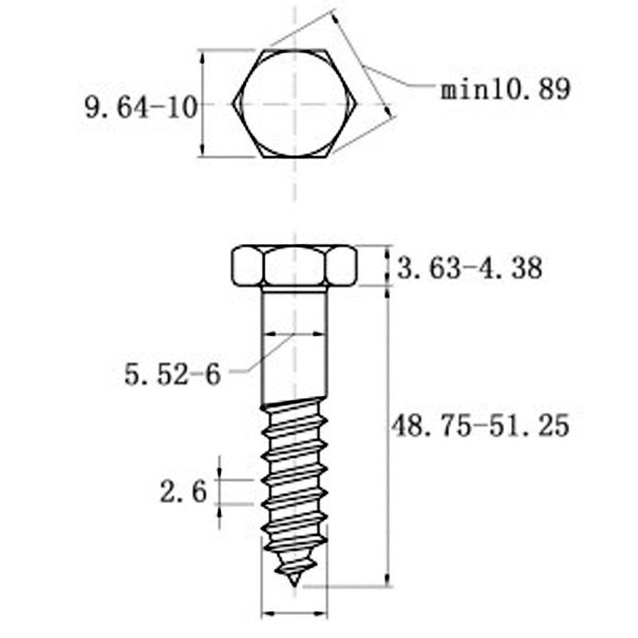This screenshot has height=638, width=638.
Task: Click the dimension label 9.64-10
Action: click(141, 108)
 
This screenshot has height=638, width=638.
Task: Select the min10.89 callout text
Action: click(506, 89)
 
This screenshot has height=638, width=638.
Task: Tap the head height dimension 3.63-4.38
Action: click(470, 268)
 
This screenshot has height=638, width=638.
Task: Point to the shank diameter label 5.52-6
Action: click(172, 374)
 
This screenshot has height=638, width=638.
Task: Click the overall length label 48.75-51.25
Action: click(480, 426)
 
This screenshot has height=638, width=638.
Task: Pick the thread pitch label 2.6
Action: click(183, 491)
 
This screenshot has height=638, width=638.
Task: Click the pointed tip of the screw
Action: click(294, 585)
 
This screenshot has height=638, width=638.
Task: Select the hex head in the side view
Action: click(294, 266)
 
